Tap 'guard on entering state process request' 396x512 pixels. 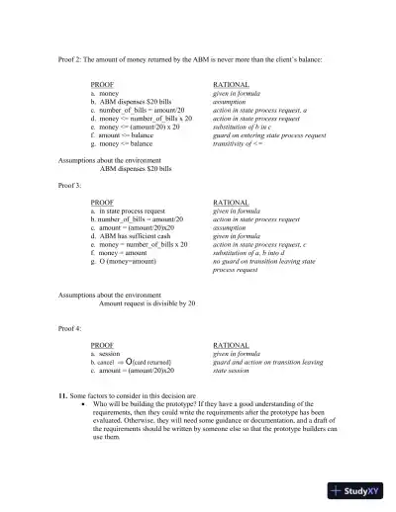click(269, 134)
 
